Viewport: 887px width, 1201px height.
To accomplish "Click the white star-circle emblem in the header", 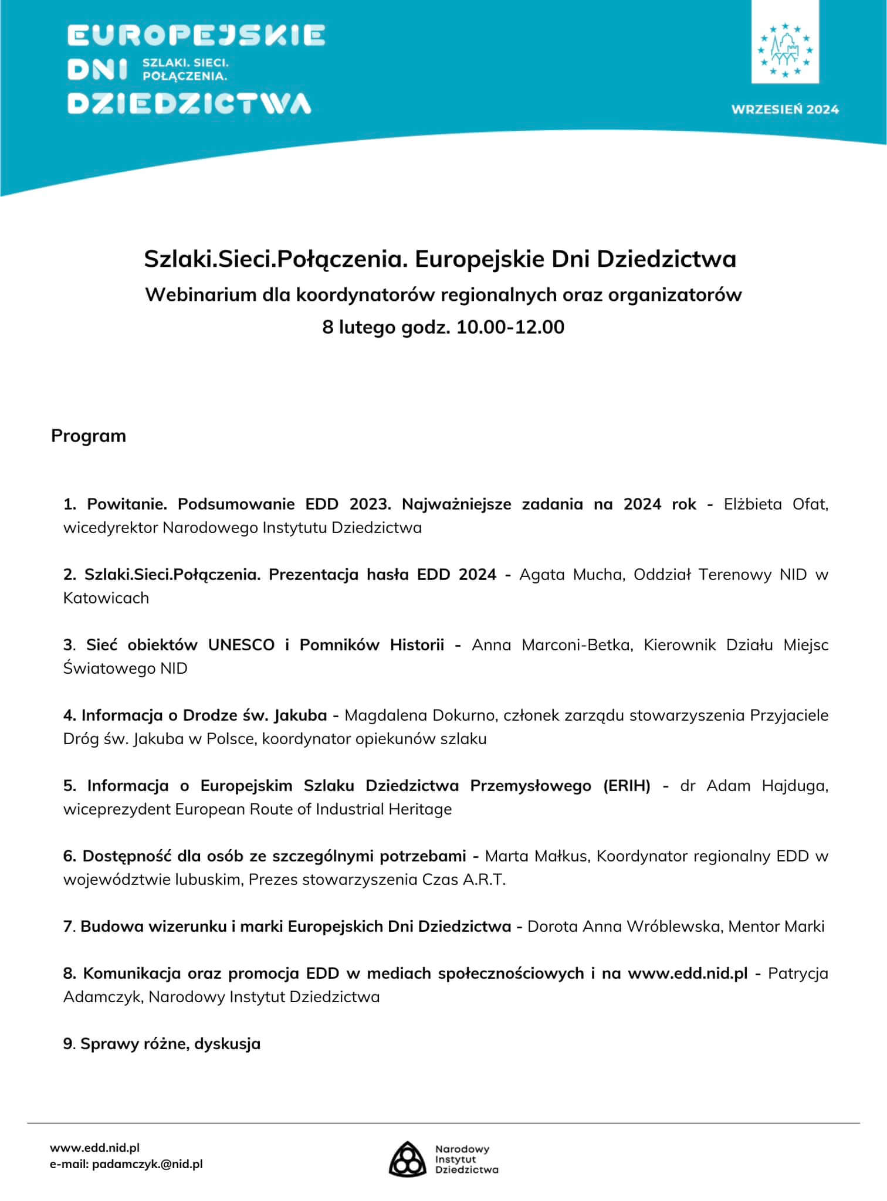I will (x=785, y=50).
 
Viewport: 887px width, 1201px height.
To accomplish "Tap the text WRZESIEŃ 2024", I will (x=785, y=109).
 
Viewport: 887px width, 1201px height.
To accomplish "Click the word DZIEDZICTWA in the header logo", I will (x=189, y=103).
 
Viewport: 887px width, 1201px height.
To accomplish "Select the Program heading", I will (x=89, y=436).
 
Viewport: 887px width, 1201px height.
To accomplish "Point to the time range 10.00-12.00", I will (x=510, y=327).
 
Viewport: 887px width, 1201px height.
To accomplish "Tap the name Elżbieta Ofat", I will (x=776, y=504).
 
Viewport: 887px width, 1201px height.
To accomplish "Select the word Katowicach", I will (x=106, y=598).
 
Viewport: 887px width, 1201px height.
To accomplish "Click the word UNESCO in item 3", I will (x=241, y=645).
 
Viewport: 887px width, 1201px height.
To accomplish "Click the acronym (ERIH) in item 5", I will (x=627, y=786).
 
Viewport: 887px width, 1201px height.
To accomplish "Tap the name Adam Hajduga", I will (x=767, y=786).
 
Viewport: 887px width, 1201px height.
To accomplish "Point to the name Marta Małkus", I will (x=536, y=856).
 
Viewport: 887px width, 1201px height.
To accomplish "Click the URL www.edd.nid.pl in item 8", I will (x=688, y=973).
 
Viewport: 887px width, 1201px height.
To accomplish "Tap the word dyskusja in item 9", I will (x=228, y=1044).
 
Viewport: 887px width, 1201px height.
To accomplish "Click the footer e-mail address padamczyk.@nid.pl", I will (x=147, y=1164).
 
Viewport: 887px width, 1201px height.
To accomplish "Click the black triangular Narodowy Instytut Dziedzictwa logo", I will (x=407, y=1159).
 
